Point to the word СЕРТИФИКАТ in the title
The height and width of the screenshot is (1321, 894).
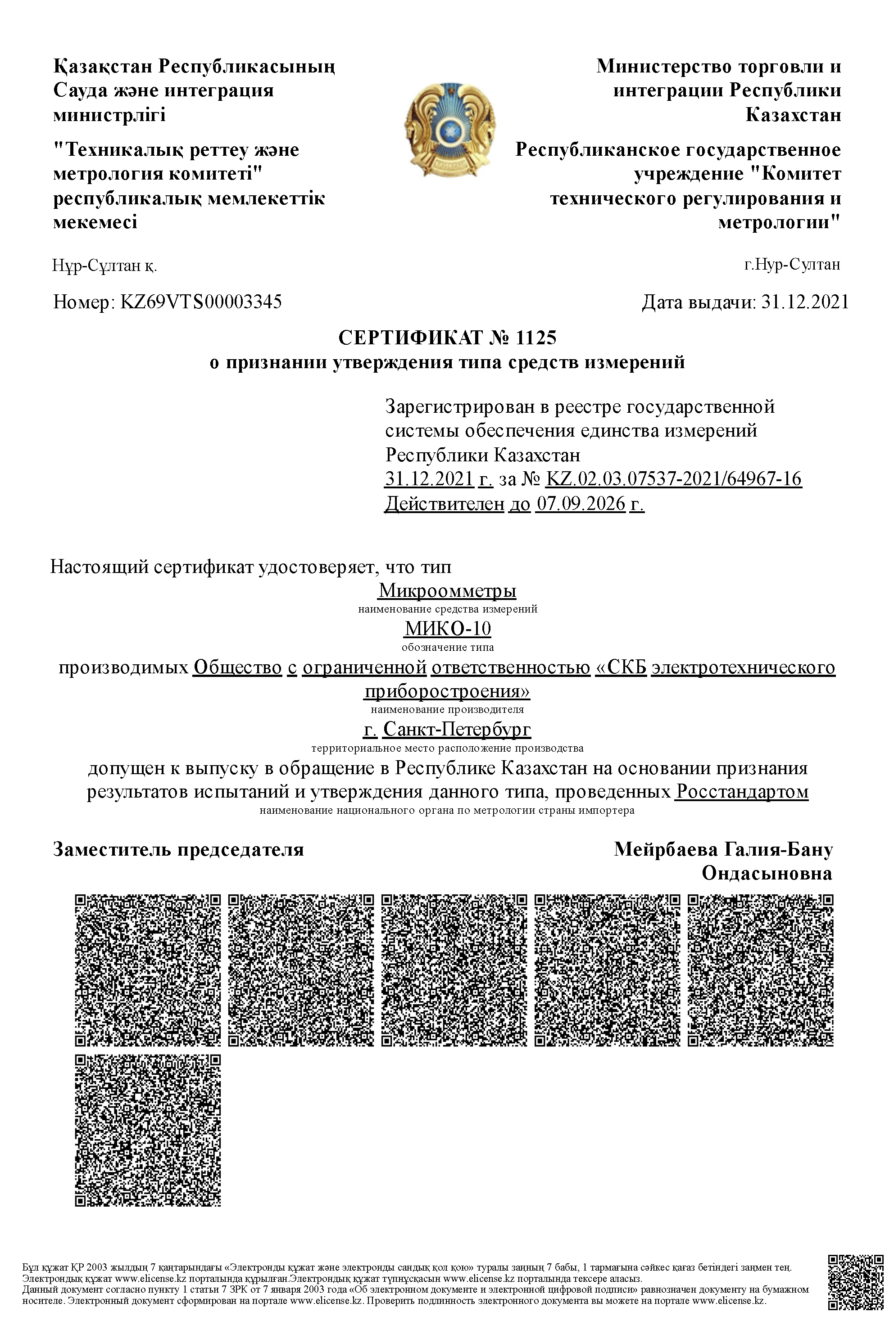[x=410, y=338]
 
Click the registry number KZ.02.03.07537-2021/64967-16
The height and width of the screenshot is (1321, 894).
[x=673, y=479]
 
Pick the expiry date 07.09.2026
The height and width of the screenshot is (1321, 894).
[x=581, y=504]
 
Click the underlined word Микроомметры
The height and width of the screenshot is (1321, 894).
[x=447, y=591]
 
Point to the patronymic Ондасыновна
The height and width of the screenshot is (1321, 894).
[x=767, y=873]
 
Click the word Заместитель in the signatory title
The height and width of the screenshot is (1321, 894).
[x=113, y=849]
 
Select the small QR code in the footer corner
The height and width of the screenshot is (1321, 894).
[x=856, y=1280]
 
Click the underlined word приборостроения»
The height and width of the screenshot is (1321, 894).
[x=447, y=691]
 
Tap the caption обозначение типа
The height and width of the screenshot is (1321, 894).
[x=448, y=647]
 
